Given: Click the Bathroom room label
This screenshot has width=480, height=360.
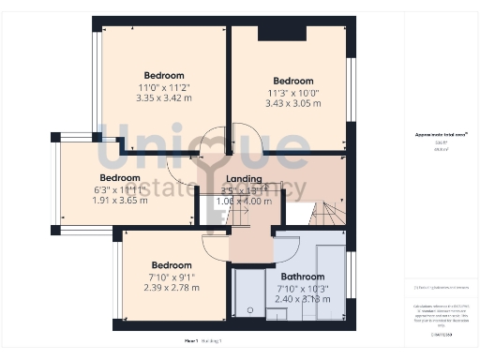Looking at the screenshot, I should coord(302,277).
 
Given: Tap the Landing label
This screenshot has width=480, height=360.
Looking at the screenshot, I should coord(244,177).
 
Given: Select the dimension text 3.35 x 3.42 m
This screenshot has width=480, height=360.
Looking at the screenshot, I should coord(163,97).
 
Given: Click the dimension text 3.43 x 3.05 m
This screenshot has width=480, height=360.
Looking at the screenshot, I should coord(293,103).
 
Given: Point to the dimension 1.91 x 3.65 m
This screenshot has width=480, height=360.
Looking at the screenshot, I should coord(120,200).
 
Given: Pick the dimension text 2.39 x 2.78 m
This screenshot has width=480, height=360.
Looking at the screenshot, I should coord(172,287).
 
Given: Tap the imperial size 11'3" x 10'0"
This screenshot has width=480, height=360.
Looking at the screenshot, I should coord(293,92).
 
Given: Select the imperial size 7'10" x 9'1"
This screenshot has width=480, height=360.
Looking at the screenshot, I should coord(172,276).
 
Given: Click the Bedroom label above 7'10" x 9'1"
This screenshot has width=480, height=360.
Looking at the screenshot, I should coord(172,264).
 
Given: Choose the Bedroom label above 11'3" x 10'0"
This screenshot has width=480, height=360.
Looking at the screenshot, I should coord(293,81).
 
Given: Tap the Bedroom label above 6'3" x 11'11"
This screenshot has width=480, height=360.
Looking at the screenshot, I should coord(120,177).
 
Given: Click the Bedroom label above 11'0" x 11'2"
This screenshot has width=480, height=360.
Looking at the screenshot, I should coord(163,75).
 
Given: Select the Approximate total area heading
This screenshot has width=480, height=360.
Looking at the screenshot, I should coord(435,135).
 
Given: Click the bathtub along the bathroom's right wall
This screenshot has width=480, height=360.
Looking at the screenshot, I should coord(330,277).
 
